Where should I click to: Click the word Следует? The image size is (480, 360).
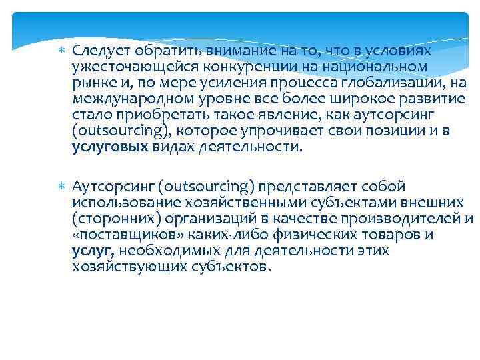point(101,51)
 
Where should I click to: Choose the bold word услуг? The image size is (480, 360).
point(93,251)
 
